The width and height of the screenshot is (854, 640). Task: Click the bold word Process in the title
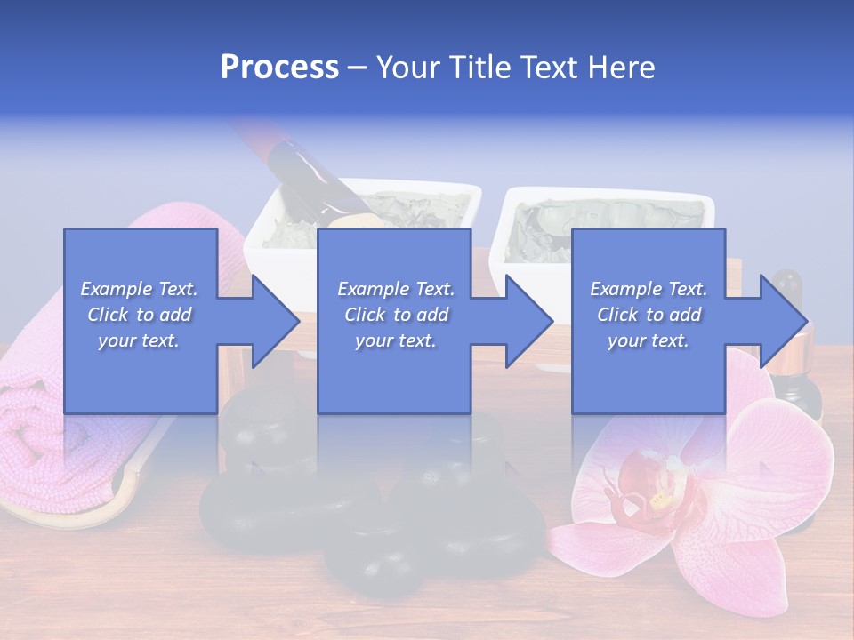(279, 68)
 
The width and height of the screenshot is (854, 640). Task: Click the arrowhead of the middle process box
(528, 321)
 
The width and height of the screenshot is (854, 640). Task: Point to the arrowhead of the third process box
(782, 321)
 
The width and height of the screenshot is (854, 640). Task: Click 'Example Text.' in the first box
(140, 289)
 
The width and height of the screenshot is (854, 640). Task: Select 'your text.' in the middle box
(396, 340)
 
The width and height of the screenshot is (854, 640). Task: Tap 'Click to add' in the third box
(649, 315)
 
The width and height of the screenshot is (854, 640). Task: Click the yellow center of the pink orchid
(660, 500)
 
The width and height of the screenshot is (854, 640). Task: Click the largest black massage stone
(267, 516)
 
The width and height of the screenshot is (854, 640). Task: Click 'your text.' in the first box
(140, 340)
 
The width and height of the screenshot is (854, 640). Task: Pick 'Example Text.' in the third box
(649, 289)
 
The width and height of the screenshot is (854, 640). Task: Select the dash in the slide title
(357, 68)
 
